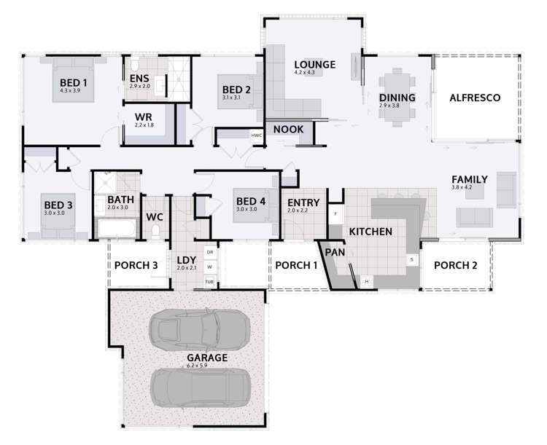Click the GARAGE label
pyautogui.click(x=207, y=358)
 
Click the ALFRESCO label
pyautogui.click(x=474, y=98)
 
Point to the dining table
pyautogui.click(x=397, y=97)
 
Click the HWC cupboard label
pyautogui.click(x=256, y=135)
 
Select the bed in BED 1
pyautogui.click(x=73, y=86)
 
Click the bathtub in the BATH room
pyautogui.click(x=117, y=230)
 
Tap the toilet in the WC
pyautogui.click(x=155, y=232)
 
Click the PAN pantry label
pyautogui.click(x=335, y=252)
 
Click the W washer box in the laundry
pyautogui.click(x=209, y=267)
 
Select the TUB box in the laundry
pyautogui.click(x=209, y=281)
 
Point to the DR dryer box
pyautogui.click(x=209, y=252)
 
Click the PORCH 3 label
pyautogui.click(x=136, y=265)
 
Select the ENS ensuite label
pyautogui.click(x=139, y=78)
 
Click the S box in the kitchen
pyautogui.click(x=411, y=259)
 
